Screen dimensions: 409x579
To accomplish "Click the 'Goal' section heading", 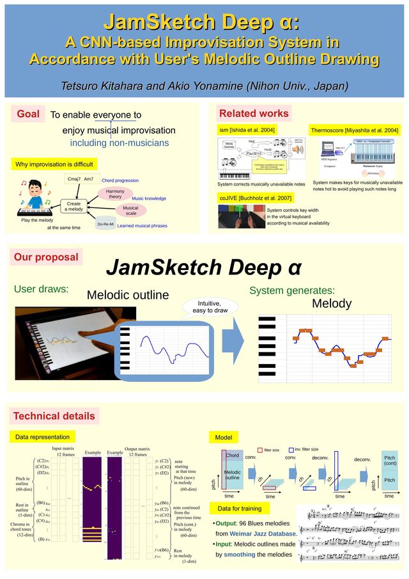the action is click(27, 115).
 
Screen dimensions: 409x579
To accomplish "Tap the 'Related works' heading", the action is click(254, 114).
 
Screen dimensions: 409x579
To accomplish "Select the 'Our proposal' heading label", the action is click(45, 257).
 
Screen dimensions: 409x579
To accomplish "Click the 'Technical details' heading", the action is click(54, 416).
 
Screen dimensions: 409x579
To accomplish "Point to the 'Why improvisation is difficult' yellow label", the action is click(54, 164).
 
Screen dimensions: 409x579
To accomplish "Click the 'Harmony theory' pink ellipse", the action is click(115, 194).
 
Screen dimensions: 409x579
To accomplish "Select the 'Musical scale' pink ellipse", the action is click(130, 210).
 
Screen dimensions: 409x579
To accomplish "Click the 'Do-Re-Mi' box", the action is click(105, 225).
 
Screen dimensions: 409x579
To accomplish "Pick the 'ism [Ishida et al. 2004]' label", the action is click(247, 130).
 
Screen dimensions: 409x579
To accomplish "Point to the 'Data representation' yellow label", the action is click(43, 437).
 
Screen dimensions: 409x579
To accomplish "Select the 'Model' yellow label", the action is click(223, 438).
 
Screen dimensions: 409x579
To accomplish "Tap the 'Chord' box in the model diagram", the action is click(232, 456).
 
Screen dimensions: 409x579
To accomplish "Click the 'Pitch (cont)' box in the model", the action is click(389, 461).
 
